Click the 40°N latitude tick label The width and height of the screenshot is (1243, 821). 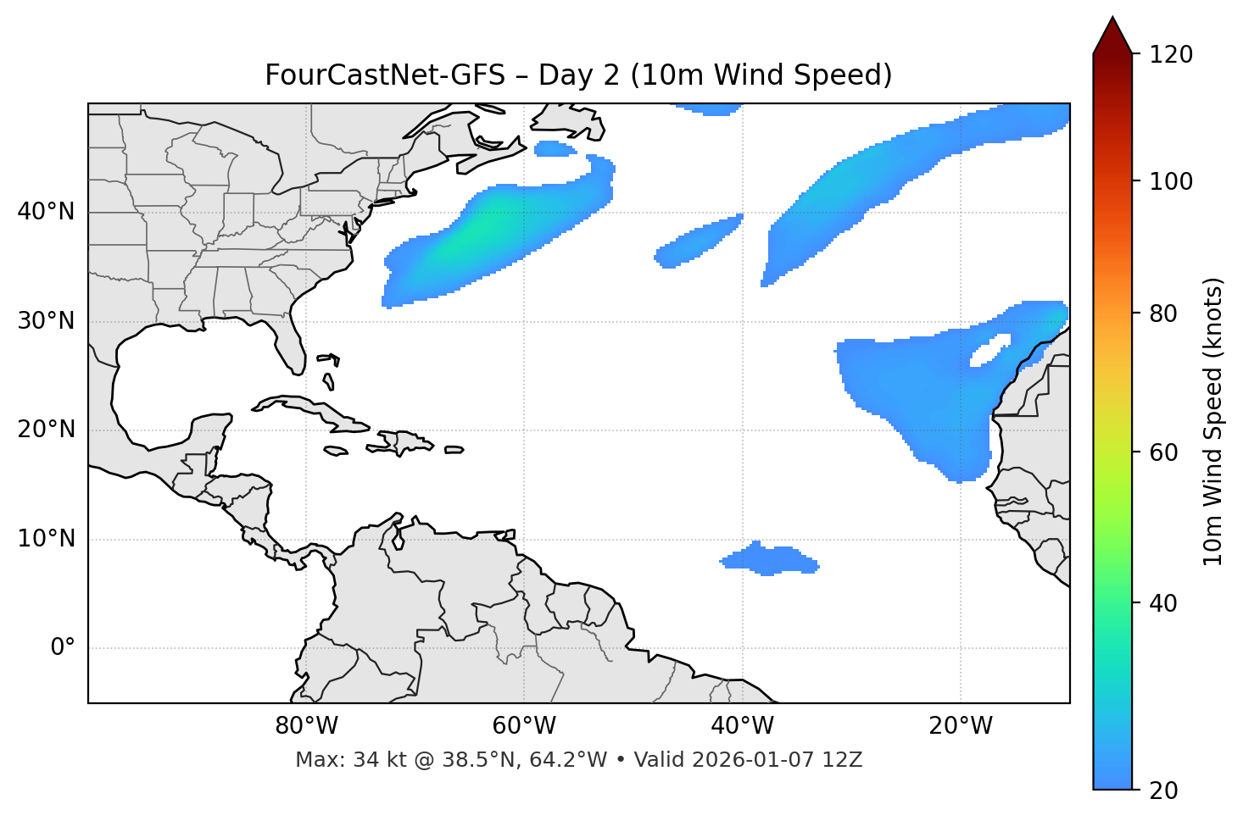coord(46,211)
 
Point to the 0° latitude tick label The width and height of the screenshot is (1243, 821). coord(63,648)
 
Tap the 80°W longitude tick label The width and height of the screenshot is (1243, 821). coord(306,726)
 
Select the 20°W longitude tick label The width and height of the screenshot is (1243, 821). coord(961,726)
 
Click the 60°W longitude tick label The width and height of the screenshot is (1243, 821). coord(524,726)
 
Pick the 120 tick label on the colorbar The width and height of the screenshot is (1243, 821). coord(1171,54)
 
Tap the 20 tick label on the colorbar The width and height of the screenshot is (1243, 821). coord(1165,790)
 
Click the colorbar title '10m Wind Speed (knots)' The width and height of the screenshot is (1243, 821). coord(1213,421)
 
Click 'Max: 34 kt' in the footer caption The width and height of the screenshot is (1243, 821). coord(339,760)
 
